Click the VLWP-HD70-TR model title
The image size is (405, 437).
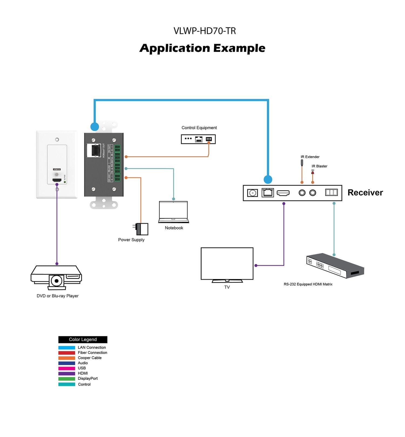click(x=204, y=31)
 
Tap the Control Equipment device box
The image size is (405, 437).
click(x=198, y=139)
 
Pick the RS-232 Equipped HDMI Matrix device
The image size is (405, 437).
click(x=335, y=266)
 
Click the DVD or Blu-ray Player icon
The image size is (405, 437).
click(x=56, y=277)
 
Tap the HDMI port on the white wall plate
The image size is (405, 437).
click(x=57, y=180)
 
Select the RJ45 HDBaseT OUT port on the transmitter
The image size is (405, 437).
click(x=94, y=150)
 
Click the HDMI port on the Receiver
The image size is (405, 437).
click(x=283, y=193)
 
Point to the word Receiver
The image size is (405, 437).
click(x=365, y=193)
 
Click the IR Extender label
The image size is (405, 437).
click(x=310, y=157)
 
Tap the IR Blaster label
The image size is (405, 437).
click(x=319, y=166)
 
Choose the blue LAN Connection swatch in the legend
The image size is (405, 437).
click(x=67, y=348)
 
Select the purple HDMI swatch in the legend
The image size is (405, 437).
click(x=67, y=374)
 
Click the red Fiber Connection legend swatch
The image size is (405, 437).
click(x=67, y=353)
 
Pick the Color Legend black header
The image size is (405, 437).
click(x=83, y=339)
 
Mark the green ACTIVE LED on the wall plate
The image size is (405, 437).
click(x=65, y=182)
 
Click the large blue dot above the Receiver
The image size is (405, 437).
click(x=268, y=179)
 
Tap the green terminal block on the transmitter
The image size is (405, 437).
click(x=117, y=163)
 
